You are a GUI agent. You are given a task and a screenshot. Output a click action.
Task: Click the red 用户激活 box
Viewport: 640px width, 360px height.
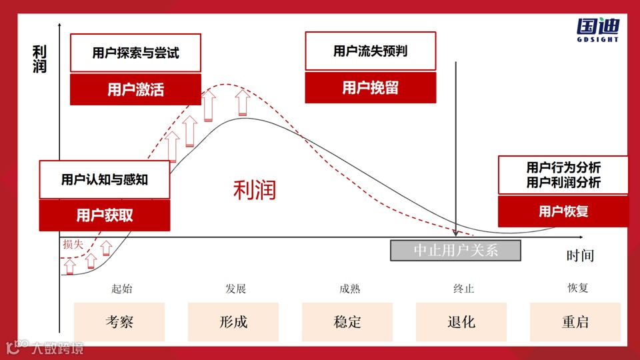pos(135,89)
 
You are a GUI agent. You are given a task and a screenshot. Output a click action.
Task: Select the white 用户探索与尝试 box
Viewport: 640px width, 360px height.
pos(135,53)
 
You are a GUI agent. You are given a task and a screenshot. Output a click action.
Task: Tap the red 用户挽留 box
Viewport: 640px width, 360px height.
pos(370,87)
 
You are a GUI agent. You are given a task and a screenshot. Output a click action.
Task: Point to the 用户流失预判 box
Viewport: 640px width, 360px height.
pos(370,51)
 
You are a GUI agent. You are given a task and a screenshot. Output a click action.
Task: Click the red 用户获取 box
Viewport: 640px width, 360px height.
pos(105,215)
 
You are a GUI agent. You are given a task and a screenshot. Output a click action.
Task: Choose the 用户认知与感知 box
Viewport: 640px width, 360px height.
pos(105,179)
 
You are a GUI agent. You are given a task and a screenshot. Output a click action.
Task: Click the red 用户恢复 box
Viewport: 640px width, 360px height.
pos(563,212)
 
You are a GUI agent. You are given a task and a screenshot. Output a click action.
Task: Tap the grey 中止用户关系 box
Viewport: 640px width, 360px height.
pos(455,250)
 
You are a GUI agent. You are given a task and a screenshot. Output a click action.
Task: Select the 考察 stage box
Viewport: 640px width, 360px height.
pos(119,322)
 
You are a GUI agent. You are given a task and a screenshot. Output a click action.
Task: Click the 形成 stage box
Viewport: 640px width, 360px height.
pos(233,322)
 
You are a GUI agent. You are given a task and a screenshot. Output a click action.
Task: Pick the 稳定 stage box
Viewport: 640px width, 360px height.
pos(347,322)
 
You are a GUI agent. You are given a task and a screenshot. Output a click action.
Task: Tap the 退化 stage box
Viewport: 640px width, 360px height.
pos(461,322)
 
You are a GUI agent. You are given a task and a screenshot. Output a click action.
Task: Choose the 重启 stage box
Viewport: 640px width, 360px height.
pos(575,322)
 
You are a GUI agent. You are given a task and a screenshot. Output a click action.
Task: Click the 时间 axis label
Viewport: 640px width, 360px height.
pos(580,255)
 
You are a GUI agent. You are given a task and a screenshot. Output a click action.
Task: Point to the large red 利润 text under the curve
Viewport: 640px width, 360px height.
pos(254,191)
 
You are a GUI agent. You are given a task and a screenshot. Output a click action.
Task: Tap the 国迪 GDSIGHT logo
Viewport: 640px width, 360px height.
pos(597,30)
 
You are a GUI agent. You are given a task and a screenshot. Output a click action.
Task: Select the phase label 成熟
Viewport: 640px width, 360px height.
pos(349,289)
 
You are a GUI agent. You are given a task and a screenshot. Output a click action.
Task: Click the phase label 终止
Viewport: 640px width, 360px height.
pos(463,289)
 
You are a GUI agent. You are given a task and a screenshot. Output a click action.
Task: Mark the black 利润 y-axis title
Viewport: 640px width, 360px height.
pos(40,59)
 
